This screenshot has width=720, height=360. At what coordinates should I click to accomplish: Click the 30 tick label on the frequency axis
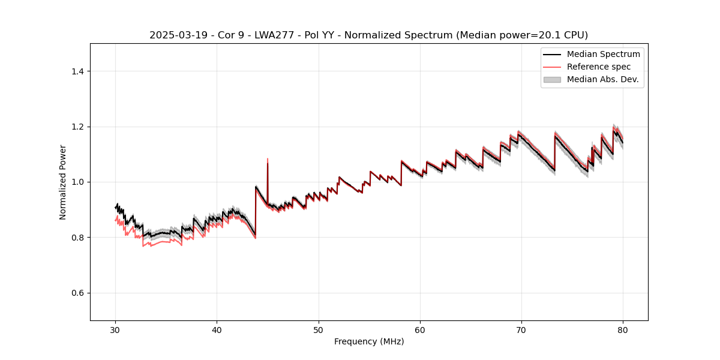coord(115,330)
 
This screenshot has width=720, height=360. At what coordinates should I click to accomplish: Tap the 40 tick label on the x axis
coord(217,330)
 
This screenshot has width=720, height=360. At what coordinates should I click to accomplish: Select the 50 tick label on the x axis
coord(319,330)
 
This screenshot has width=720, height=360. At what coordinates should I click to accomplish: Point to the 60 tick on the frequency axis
coord(420,330)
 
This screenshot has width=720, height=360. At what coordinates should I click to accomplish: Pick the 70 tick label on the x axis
coord(521,330)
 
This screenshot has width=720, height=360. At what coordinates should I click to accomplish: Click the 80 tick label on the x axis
coord(623,330)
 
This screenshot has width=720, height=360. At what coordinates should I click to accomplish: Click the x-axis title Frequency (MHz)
coord(369,341)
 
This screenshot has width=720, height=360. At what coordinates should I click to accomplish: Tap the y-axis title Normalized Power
coord(63,182)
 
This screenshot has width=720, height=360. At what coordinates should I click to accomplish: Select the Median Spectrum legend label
coord(603,54)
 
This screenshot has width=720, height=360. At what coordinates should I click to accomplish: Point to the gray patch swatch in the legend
coord(552,79)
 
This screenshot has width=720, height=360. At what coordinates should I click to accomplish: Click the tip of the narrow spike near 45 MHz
coord(268,159)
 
